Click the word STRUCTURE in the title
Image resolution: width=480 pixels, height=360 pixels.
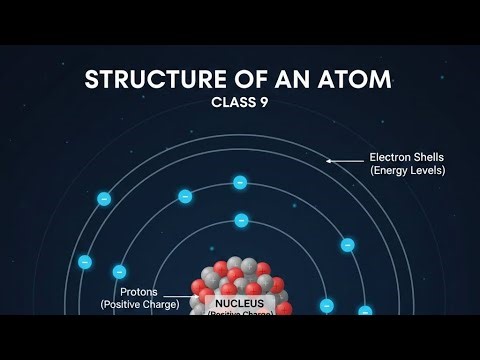pos(145,79)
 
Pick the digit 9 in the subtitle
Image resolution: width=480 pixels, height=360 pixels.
pos(268,102)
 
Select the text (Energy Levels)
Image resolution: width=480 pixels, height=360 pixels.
pos(408,171)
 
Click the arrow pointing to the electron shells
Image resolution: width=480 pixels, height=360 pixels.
pos(345,159)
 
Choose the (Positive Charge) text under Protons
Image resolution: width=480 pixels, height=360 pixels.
pos(139,304)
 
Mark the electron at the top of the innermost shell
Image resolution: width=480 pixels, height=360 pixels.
pos(241,220)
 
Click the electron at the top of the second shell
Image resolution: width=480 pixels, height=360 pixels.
pos(240,182)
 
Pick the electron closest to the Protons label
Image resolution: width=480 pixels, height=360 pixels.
pos(120,271)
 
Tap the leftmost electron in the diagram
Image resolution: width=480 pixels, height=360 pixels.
pos(85,262)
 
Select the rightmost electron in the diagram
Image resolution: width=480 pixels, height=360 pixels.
pos(365,312)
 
